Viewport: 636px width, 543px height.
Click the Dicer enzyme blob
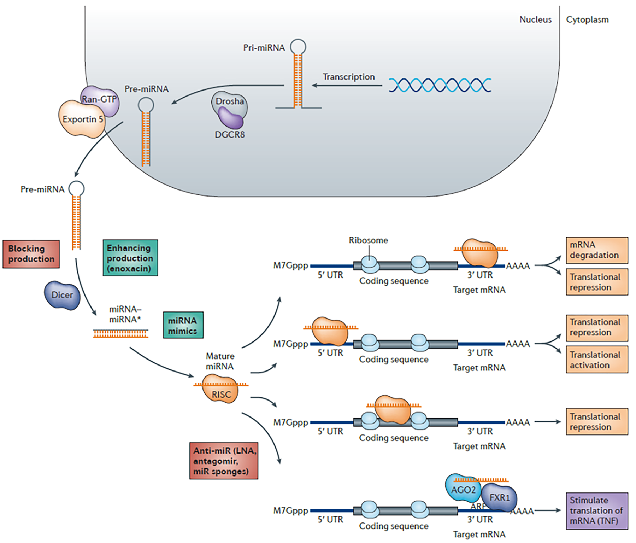point(62,295)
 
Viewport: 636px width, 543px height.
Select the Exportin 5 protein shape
point(82,119)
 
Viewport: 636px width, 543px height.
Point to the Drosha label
point(230,101)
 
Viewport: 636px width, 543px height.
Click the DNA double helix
point(440,85)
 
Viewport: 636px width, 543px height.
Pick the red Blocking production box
point(31,254)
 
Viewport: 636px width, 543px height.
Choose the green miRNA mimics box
point(183,325)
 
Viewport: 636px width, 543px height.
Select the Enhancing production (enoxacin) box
point(130,258)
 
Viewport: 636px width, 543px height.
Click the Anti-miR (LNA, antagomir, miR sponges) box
point(224,461)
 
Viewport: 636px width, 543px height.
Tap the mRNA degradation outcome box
point(596,250)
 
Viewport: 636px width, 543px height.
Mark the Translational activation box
point(596,360)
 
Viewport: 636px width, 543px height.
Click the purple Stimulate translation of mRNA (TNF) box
point(596,511)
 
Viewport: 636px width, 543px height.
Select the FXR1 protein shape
point(499,498)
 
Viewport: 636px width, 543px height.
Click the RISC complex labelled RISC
point(221,393)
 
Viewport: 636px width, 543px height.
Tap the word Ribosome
point(368,240)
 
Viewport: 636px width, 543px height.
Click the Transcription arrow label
point(348,77)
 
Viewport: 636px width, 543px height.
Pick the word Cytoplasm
point(587,20)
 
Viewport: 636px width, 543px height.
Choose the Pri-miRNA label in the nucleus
point(264,48)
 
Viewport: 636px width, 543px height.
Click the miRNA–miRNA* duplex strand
point(120,333)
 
